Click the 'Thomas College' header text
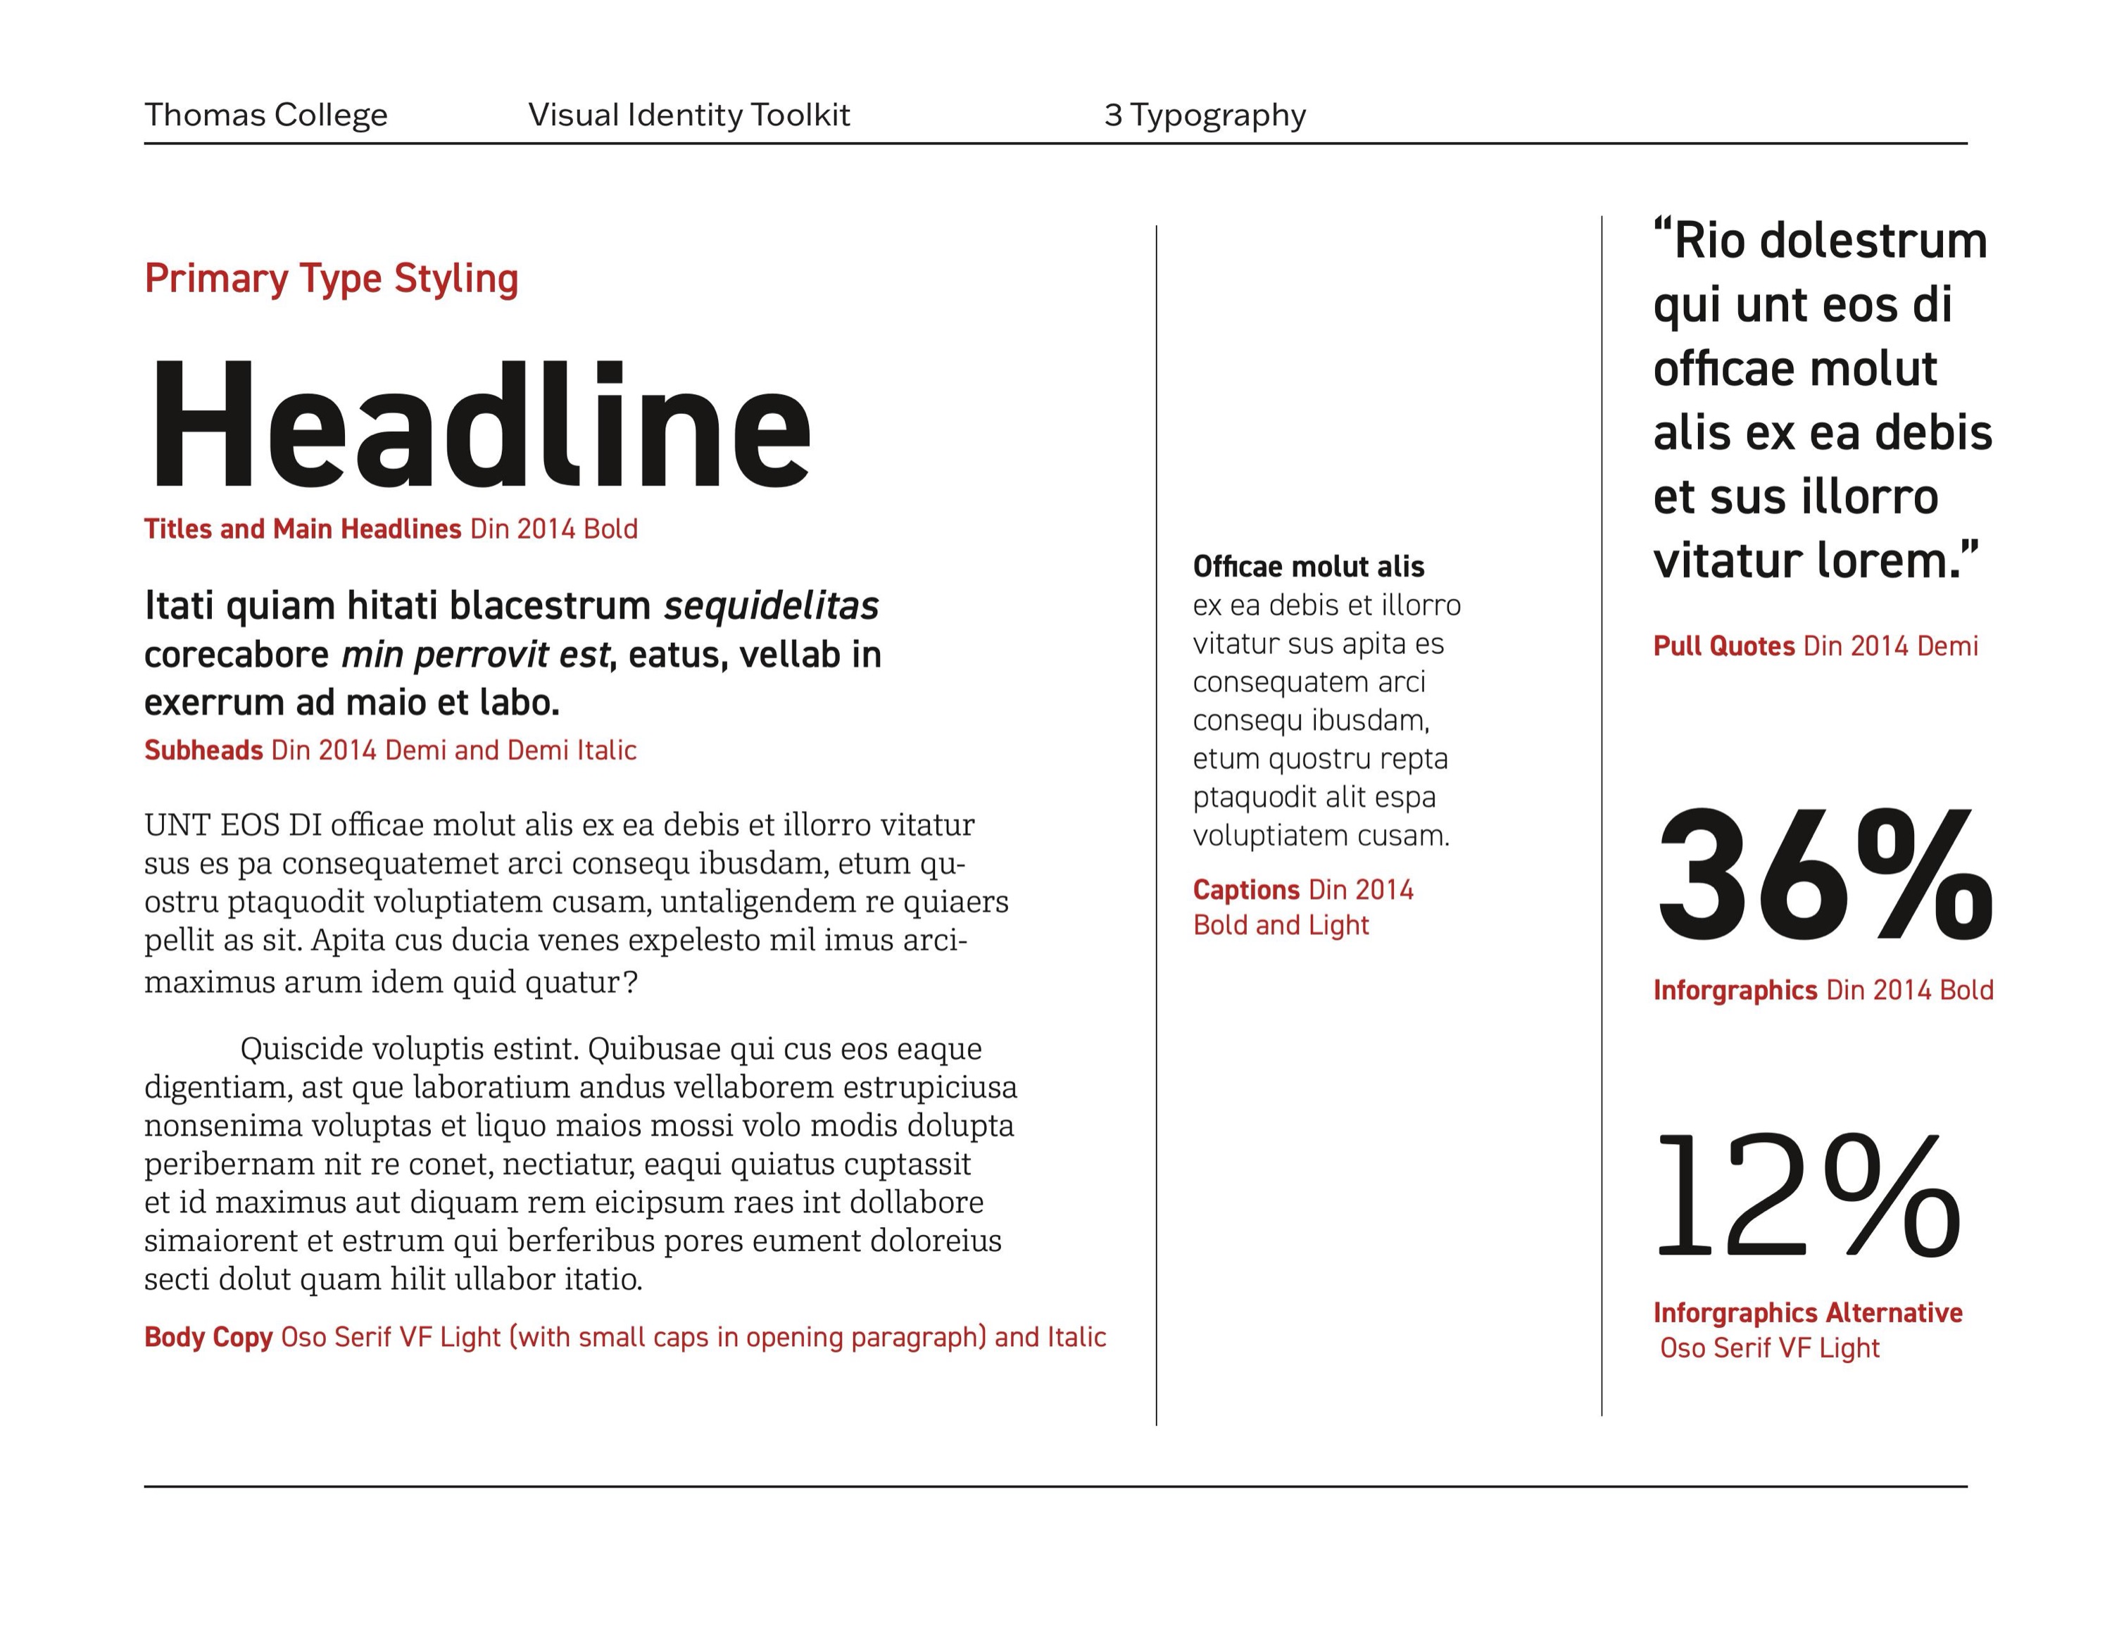(x=266, y=115)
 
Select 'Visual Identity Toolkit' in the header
(x=689, y=115)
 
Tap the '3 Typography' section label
(x=1205, y=115)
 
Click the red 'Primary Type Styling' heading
(x=331, y=278)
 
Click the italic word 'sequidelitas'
(x=771, y=606)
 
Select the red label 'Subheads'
(x=203, y=751)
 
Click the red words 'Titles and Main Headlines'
(x=303, y=529)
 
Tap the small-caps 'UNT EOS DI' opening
(x=232, y=824)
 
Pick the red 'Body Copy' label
(x=208, y=1337)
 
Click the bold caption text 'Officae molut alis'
(x=1309, y=567)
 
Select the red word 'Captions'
(x=1245, y=889)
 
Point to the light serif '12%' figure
(x=1809, y=1197)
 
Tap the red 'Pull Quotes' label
(x=1723, y=646)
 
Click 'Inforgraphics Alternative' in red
(x=1807, y=1313)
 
